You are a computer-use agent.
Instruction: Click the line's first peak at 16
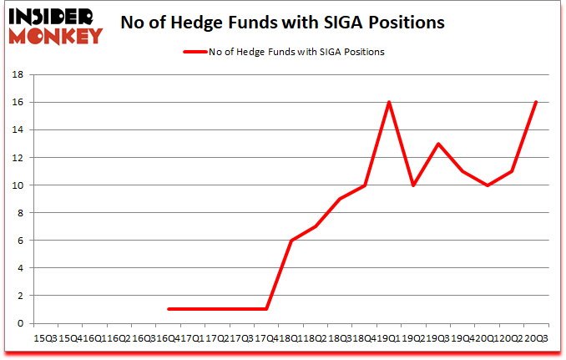pyautogui.click(x=389, y=102)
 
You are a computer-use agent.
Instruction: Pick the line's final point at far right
pyautogui.click(x=535, y=102)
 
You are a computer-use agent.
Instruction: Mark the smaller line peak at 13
pyautogui.click(x=437, y=144)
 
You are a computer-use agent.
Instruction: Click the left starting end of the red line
pyautogui.click(x=169, y=309)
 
